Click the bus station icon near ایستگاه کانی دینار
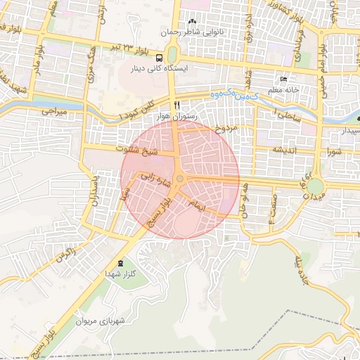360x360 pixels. (160, 58)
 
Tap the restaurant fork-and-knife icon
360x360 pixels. (167, 103)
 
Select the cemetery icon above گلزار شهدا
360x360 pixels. (121, 262)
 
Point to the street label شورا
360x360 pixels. (333, 150)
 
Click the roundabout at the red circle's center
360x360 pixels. (180, 179)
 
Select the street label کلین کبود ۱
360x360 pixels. (136, 110)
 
